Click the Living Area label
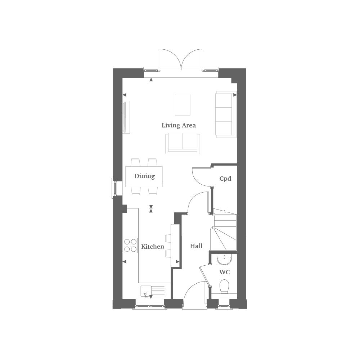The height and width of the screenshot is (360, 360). pyautogui.click(x=179, y=125)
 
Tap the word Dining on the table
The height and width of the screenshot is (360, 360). pyautogui.click(x=144, y=176)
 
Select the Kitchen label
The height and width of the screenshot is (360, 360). pyautogui.click(x=153, y=247)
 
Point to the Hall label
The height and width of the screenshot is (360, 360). pyautogui.click(x=196, y=246)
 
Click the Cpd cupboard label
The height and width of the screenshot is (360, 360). pyautogui.click(x=225, y=179)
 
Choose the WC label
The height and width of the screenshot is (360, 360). pyautogui.click(x=224, y=272)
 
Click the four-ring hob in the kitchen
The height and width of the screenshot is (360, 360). pyautogui.click(x=130, y=245)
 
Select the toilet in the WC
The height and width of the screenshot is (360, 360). pyautogui.click(x=224, y=287)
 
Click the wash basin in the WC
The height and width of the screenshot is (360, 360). pyautogui.click(x=224, y=259)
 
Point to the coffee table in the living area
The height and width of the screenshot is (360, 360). pyautogui.click(x=183, y=105)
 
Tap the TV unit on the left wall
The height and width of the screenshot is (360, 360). pyautogui.click(x=126, y=117)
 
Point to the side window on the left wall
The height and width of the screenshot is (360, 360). pyautogui.click(x=114, y=188)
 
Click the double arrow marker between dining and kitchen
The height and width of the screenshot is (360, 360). pyautogui.click(x=151, y=209)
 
